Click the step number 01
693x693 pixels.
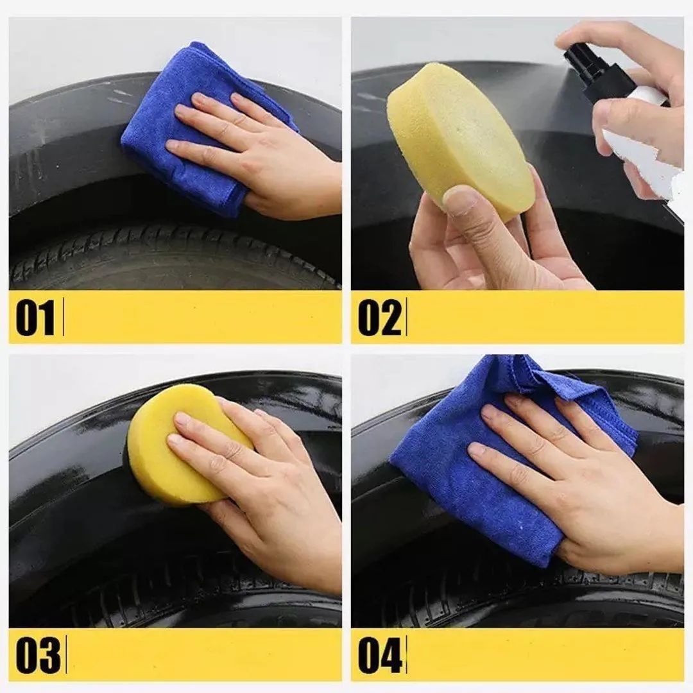(35, 318)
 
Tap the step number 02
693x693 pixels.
(380, 318)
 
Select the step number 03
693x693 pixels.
(38, 655)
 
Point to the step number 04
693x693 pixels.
(380, 655)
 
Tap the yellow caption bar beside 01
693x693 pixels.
(203, 317)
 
